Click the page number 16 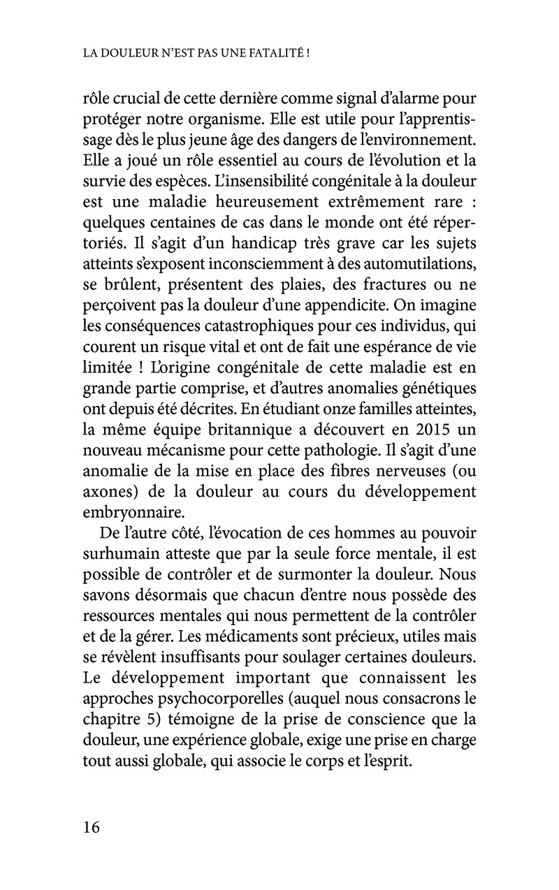(92, 828)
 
